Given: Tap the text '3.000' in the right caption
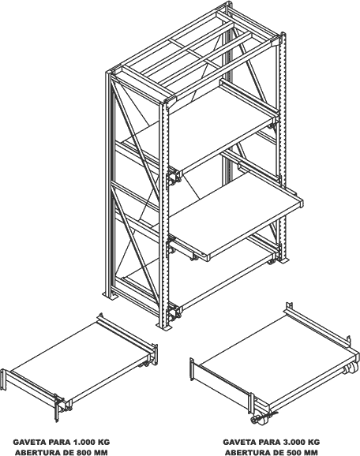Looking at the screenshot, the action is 294,443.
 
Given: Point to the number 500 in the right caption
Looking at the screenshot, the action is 294,453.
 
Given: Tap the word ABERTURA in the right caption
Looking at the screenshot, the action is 247,453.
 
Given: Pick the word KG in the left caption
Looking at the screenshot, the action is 104,443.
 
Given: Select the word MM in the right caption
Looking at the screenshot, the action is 311,453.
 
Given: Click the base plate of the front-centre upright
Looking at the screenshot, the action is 165,327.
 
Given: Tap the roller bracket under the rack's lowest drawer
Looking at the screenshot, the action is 174,313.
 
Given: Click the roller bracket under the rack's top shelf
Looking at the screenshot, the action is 174,178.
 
